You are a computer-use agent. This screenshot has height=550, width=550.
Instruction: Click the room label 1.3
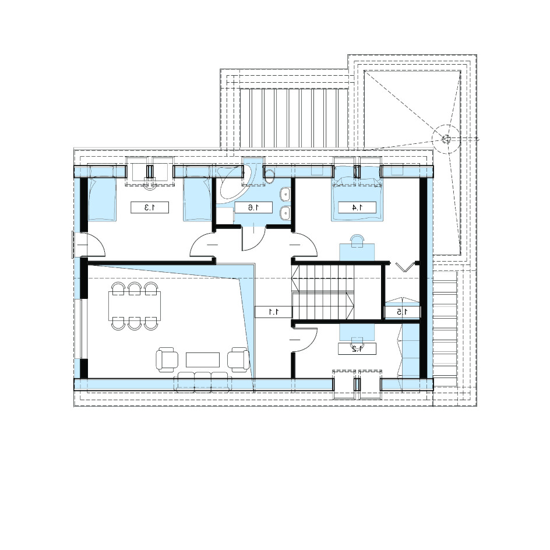click(x=150, y=207)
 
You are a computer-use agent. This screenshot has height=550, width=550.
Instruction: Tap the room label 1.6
click(x=253, y=207)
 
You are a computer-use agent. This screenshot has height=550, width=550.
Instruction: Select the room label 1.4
click(x=357, y=207)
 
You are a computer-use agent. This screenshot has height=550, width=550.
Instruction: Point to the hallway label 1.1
click(x=274, y=312)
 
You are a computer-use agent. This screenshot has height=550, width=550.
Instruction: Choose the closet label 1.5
click(x=403, y=312)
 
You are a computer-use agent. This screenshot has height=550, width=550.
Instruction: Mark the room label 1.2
click(x=357, y=348)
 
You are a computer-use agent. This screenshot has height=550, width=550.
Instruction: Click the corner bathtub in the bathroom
click(x=233, y=185)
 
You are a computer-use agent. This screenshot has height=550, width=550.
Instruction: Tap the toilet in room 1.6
click(x=270, y=176)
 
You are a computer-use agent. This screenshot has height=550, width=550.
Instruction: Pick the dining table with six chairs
click(x=135, y=306)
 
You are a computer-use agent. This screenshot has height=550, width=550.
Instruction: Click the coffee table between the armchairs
click(x=203, y=360)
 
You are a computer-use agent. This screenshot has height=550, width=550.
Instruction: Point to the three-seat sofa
click(x=203, y=381)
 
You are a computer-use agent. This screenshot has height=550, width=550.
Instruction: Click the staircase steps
click(x=323, y=292)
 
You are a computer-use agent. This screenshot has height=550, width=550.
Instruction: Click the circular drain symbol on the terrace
click(x=446, y=139)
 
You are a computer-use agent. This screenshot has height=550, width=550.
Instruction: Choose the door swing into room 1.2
click(x=305, y=340)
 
